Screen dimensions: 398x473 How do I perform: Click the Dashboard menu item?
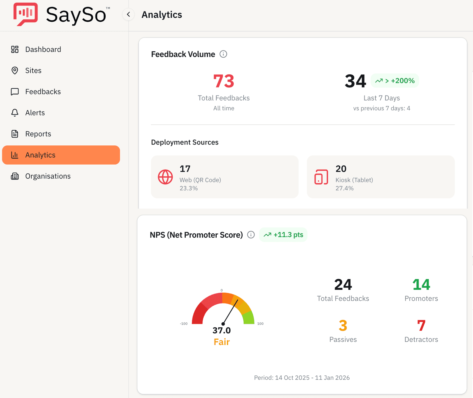pos(43,49)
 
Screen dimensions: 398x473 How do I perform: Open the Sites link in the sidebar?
pos(33,70)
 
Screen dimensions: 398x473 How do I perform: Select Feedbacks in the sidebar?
pos(43,91)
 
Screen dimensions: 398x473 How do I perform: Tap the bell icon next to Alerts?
pos(15,113)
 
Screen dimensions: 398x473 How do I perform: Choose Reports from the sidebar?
pos(38,134)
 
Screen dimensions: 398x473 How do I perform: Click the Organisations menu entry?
pos(48,176)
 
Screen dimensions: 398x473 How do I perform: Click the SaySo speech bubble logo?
pos(25,14)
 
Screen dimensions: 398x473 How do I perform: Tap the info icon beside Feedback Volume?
pos(223,54)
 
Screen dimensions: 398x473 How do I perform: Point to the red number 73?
pos(223,81)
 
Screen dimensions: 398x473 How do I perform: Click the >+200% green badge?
pos(395,81)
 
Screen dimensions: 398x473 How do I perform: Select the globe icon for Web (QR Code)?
pos(165,177)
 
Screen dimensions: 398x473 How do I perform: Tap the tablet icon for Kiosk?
pos(321,177)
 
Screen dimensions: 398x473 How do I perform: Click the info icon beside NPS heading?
pos(251,235)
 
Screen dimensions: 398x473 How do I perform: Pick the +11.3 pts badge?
pos(283,235)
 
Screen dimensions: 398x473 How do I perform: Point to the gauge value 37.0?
pos(222,330)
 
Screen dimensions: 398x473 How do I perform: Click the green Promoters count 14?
pos(421,285)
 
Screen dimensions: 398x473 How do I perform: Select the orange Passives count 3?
pos(343,325)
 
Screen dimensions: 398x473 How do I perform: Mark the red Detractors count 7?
pos(421,325)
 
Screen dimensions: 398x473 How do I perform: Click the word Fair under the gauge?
pos(222,342)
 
